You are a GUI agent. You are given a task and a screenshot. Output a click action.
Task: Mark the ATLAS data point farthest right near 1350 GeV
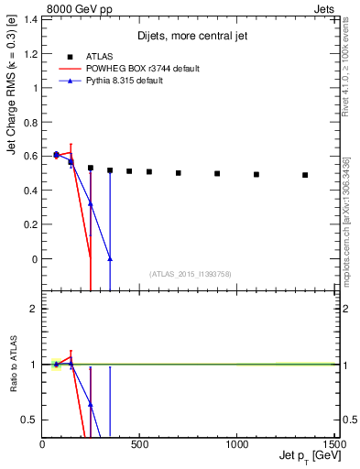point(305,175)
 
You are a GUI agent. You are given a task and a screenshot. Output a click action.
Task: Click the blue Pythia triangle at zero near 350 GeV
point(110,259)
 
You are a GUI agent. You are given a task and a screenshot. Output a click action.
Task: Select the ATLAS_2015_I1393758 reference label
point(189,274)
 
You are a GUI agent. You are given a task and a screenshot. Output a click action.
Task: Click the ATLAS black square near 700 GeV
point(179,172)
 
